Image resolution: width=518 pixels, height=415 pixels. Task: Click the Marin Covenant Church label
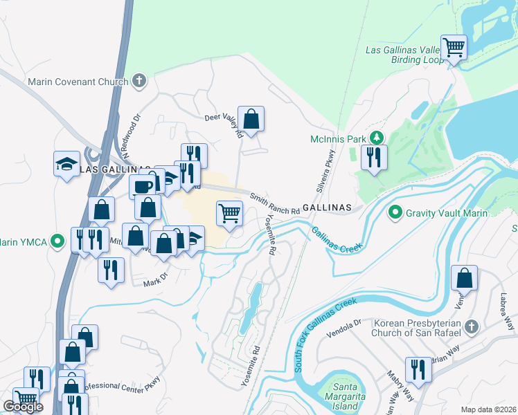(78, 82)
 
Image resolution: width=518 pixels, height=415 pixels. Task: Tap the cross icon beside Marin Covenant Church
(139, 82)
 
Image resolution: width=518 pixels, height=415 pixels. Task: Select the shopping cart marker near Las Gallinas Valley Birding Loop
(454, 48)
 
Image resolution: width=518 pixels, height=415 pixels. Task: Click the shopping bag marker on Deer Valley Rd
(251, 119)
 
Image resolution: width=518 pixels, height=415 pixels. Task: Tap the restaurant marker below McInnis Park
(374, 158)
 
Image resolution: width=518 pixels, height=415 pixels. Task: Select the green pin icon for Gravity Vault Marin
(396, 212)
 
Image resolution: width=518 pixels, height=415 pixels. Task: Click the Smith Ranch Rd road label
(275, 203)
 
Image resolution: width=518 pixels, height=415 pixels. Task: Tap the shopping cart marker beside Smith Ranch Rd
(229, 214)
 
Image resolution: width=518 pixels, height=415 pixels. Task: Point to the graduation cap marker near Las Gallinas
(66, 165)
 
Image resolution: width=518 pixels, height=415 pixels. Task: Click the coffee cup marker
(142, 187)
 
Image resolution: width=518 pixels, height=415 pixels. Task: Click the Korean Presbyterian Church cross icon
(471, 326)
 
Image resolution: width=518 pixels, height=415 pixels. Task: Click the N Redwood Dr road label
(129, 124)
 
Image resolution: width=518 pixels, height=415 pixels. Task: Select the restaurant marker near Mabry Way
(418, 369)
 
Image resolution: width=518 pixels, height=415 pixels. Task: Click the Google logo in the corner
(23, 407)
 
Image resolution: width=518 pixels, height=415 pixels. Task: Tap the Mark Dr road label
(155, 279)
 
